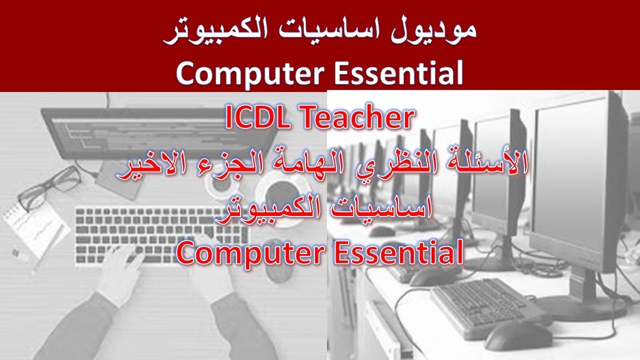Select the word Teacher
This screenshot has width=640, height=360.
356,118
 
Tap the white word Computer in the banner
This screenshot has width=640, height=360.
248,73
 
